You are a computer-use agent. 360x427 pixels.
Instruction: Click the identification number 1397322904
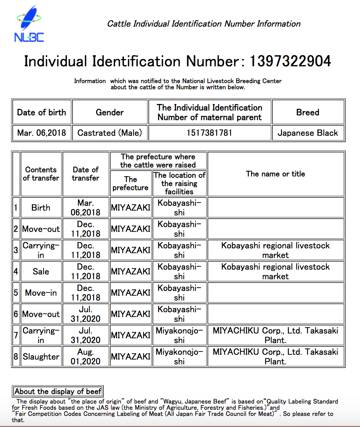(x=290, y=61)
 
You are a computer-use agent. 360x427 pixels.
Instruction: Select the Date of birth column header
(x=42, y=112)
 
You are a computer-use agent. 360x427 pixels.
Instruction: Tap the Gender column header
(x=110, y=112)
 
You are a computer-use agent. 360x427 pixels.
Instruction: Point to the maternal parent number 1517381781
(x=210, y=133)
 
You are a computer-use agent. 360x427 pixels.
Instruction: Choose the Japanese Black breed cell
(x=308, y=133)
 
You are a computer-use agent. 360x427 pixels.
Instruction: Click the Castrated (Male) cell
(x=110, y=133)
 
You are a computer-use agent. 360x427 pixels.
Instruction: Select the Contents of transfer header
(x=41, y=174)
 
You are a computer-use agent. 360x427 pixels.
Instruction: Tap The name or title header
(x=275, y=174)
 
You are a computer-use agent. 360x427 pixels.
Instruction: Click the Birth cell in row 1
(x=41, y=208)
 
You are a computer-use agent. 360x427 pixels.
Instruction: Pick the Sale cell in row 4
(x=41, y=272)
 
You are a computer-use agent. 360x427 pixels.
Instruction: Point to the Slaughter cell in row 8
(x=41, y=357)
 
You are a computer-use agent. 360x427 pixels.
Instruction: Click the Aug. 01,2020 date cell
(x=86, y=357)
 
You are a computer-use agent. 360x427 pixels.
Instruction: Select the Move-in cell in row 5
(x=41, y=293)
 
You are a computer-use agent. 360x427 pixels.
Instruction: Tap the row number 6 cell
(x=16, y=314)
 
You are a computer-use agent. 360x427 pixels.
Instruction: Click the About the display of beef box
(x=58, y=391)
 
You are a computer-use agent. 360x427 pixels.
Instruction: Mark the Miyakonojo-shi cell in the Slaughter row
(x=179, y=357)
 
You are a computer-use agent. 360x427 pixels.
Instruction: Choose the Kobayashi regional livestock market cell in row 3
(x=275, y=250)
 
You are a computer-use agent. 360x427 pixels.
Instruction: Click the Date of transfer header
(x=86, y=174)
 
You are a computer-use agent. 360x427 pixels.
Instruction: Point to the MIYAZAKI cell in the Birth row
(x=131, y=208)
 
